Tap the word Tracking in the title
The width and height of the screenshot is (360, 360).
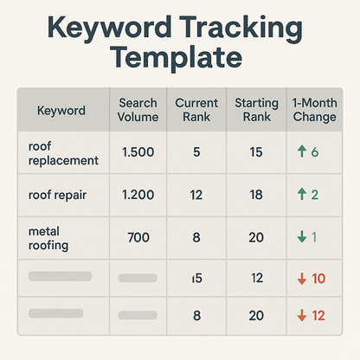pyautogui.click(x=232, y=27)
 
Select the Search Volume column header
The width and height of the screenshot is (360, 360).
pyautogui.click(x=138, y=110)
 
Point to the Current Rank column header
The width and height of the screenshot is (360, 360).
pyautogui.click(x=196, y=110)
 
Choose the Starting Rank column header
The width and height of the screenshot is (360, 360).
pyautogui.click(x=256, y=110)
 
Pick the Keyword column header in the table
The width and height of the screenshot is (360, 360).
pyautogui.click(x=61, y=111)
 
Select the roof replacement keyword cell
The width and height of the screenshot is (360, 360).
pyautogui.click(x=63, y=153)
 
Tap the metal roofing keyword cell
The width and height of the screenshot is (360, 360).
pyautogui.click(x=53, y=237)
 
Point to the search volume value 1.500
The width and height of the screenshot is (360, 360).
pyautogui.click(x=138, y=153)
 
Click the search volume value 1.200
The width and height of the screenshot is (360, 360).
pyautogui.click(x=138, y=195)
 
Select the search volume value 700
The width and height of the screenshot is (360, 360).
pyautogui.click(x=138, y=236)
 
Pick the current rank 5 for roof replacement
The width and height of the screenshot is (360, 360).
pyautogui.click(x=196, y=153)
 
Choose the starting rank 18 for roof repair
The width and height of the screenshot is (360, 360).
pyautogui.click(x=256, y=195)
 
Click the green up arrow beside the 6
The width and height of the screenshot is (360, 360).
pyautogui.click(x=301, y=152)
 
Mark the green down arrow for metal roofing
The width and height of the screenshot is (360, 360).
pyautogui.click(x=301, y=236)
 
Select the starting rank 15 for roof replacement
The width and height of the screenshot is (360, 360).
pyautogui.click(x=256, y=153)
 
